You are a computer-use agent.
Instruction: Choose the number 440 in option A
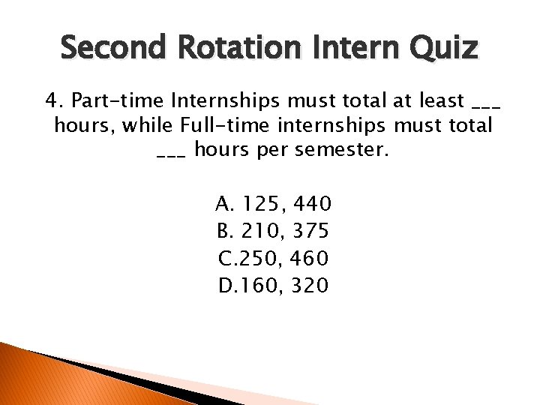tap(314, 204)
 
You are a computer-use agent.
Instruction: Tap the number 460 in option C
tap(311, 258)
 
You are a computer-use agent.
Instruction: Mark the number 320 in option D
tap(311, 285)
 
